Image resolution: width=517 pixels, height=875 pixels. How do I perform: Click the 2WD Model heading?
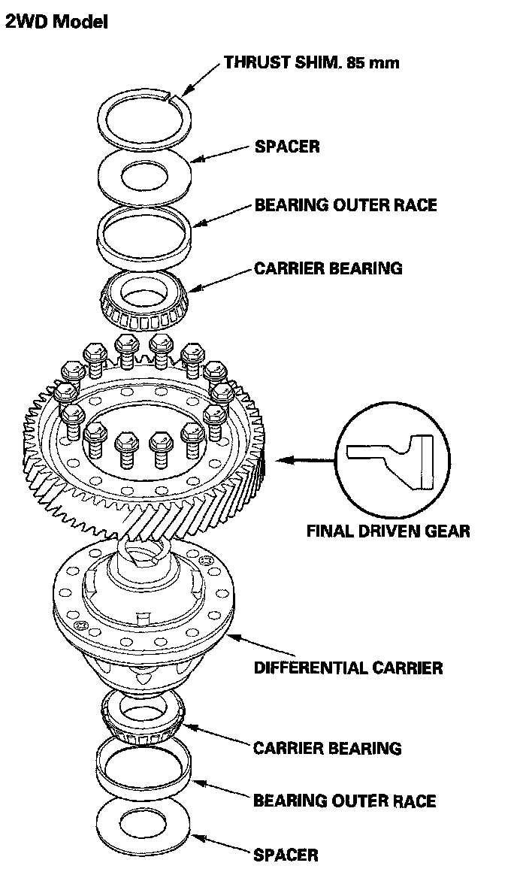(x=56, y=23)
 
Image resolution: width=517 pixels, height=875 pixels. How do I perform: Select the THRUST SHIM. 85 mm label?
(x=311, y=62)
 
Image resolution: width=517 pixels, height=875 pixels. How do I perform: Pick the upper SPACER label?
(x=287, y=146)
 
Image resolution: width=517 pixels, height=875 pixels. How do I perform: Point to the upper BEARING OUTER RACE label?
(x=345, y=205)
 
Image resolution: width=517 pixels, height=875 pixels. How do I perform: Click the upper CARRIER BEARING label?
(x=328, y=268)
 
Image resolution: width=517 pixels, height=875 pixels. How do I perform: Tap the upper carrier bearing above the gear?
(x=144, y=297)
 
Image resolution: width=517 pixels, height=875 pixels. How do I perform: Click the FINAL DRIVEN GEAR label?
(x=388, y=531)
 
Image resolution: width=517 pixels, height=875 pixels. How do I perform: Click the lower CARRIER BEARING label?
(x=327, y=748)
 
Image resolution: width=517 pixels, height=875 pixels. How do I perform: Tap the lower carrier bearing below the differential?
(x=142, y=718)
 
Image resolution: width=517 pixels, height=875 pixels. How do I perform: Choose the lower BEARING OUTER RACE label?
(x=344, y=801)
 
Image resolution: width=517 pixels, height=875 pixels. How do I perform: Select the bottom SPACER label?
(x=286, y=855)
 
